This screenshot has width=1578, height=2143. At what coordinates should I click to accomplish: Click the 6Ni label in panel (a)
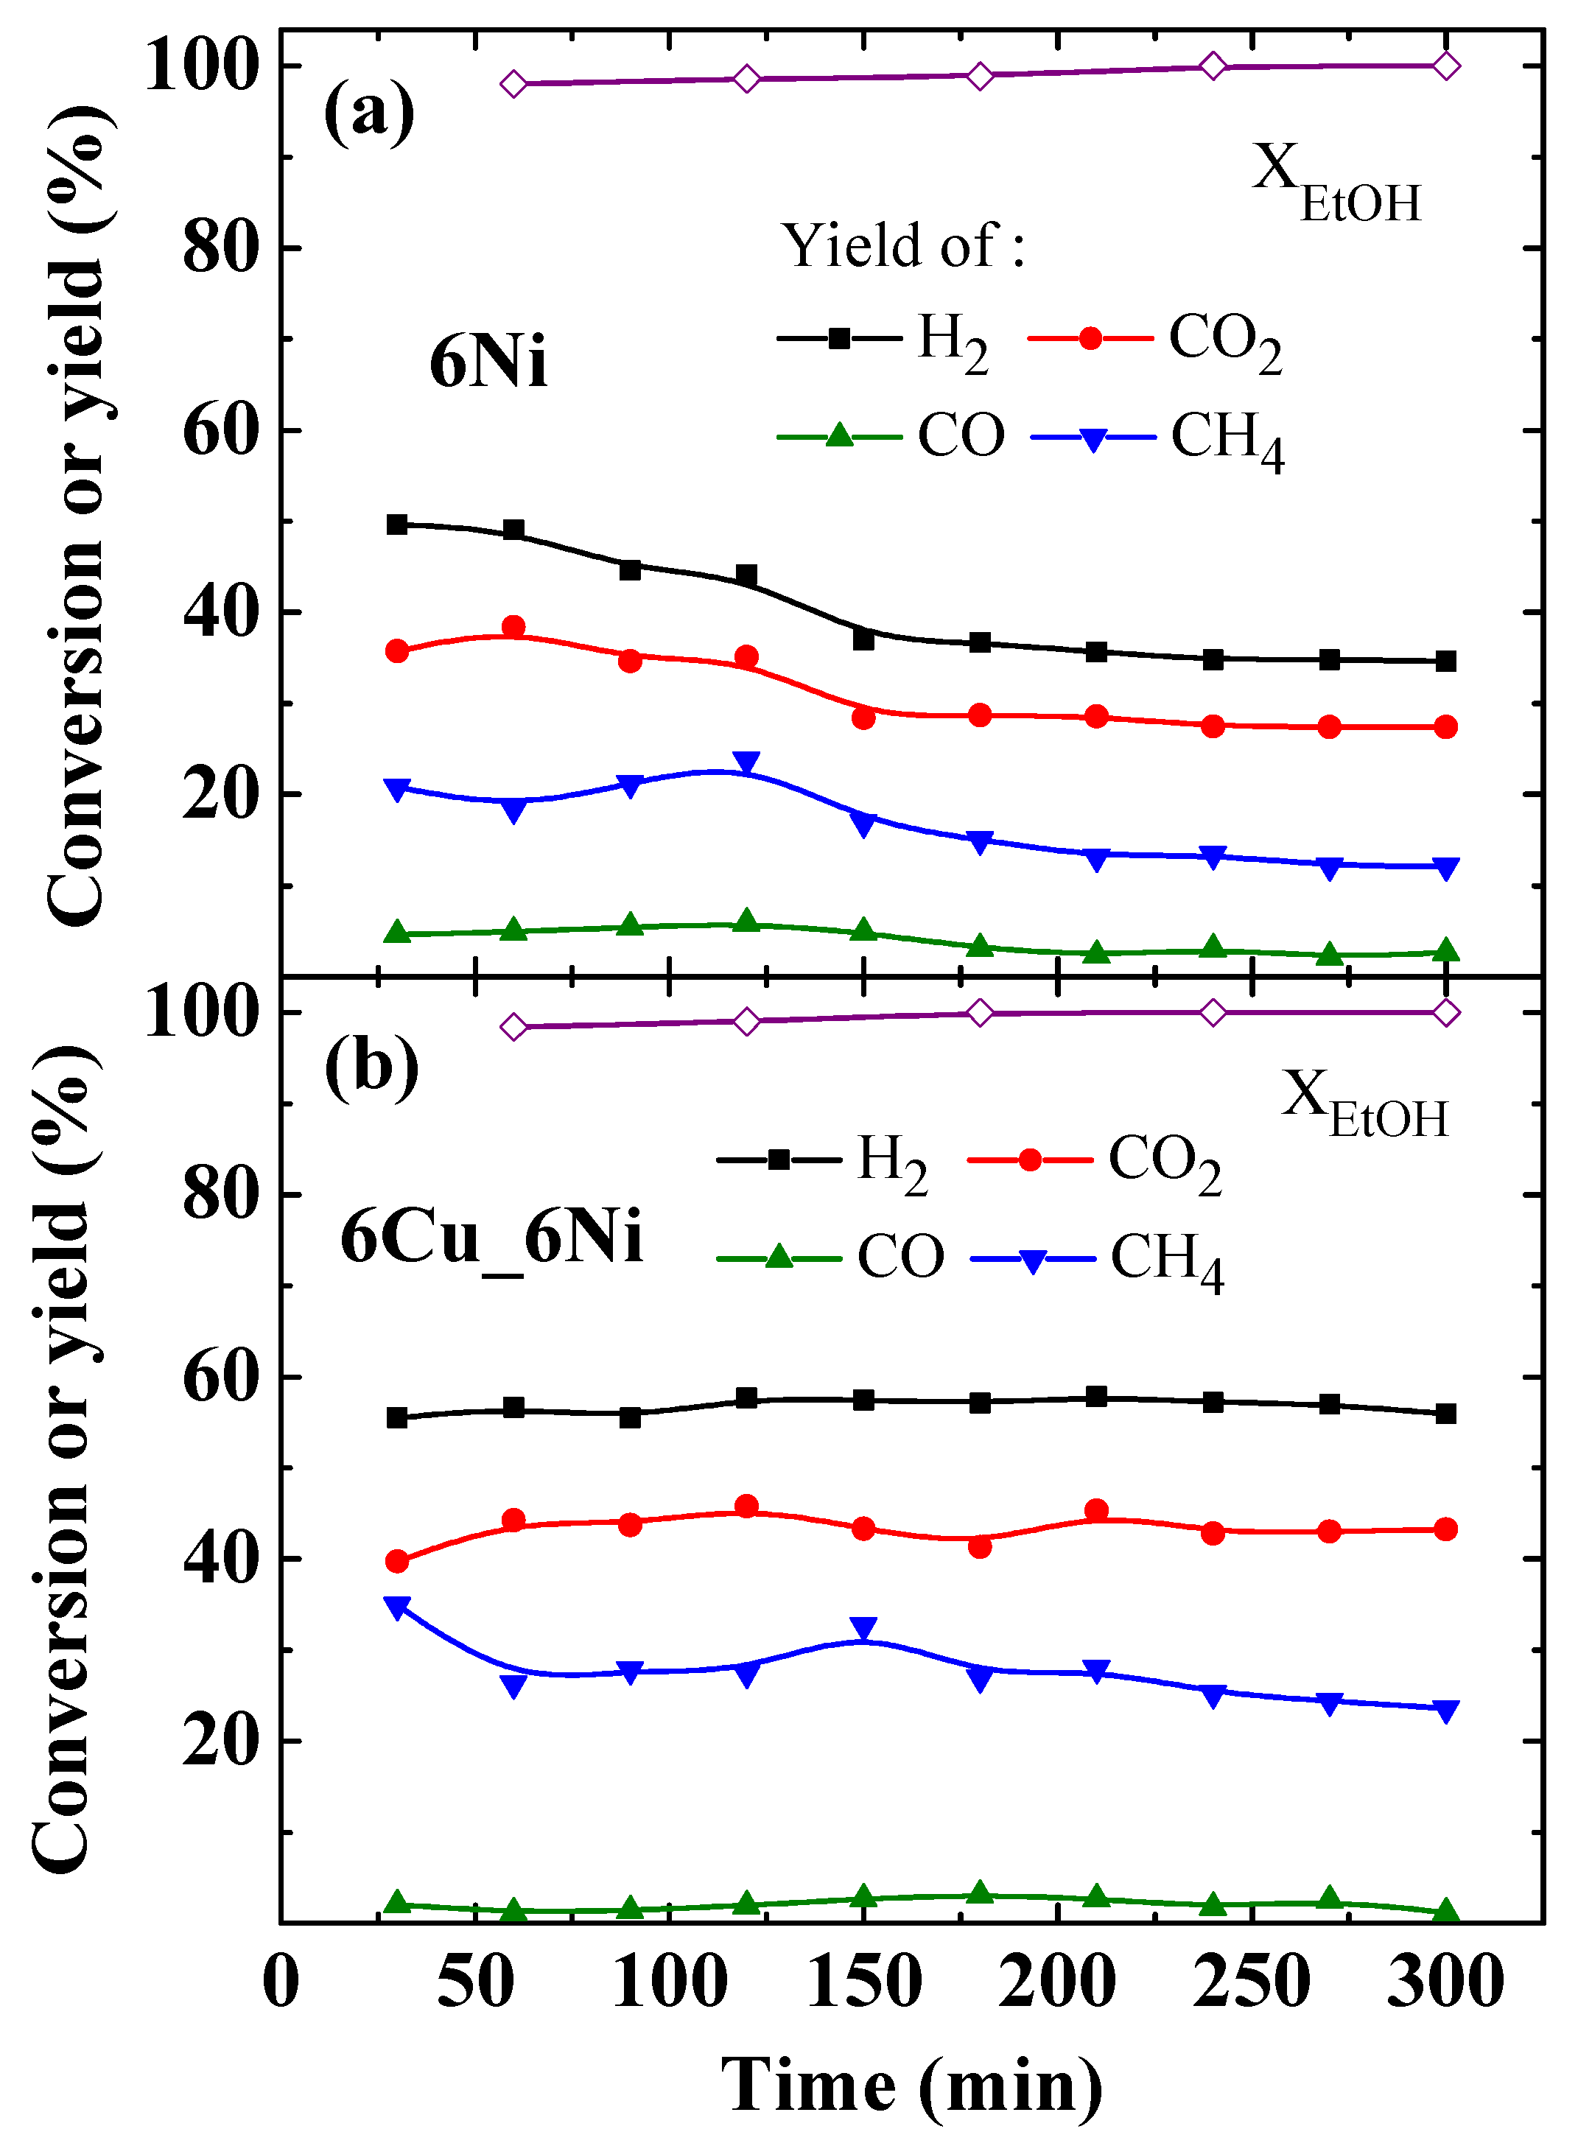tap(488, 363)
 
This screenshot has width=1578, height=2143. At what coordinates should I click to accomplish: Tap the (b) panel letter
tap(371, 1065)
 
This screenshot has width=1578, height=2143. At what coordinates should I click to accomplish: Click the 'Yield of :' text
tap(902, 245)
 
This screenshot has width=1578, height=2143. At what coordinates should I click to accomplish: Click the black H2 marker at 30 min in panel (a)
tap(397, 525)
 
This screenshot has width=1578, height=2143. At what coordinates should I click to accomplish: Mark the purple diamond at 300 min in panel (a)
tap(1446, 66)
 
